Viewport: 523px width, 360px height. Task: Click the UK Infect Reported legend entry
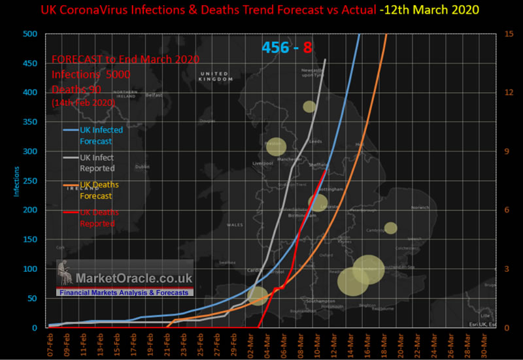97,163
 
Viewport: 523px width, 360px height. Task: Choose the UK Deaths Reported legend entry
97,218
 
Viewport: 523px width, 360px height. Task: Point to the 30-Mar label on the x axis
483,342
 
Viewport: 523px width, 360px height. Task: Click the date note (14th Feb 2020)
84,103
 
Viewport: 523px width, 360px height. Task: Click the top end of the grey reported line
325,59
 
